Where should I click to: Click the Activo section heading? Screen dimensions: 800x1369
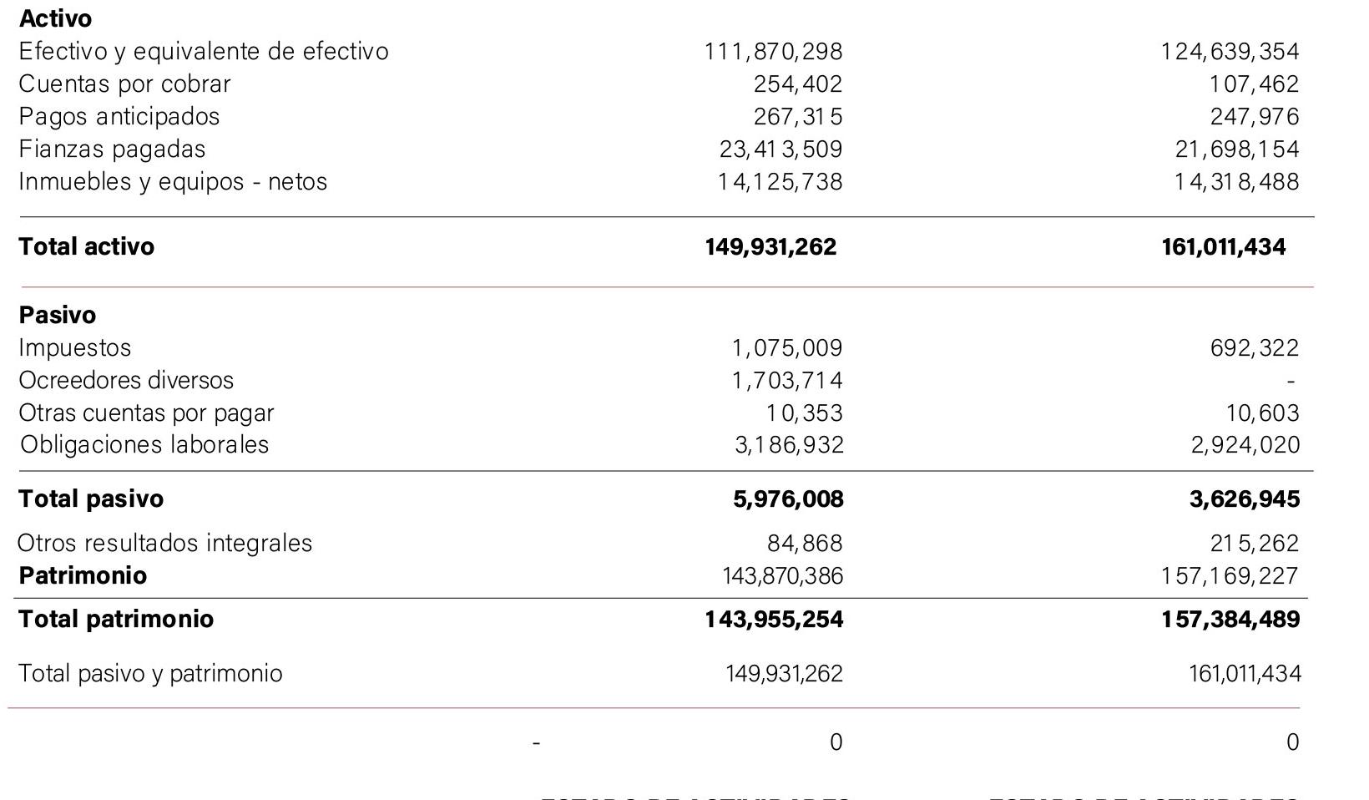[55, 18]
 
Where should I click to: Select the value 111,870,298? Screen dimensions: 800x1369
[773, 52]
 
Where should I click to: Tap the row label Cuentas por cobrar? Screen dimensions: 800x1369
[124, 84]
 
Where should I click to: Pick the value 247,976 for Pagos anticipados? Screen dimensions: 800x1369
[1255, 117]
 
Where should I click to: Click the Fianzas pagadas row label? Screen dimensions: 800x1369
[112, 149]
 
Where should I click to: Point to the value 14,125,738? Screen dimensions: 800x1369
[780, 182]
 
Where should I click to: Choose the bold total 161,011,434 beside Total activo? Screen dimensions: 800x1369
[1223, 247]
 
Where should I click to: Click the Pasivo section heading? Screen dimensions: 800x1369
[57, 316]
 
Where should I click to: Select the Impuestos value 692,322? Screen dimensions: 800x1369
[1255, 348]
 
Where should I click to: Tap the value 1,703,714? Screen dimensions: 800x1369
[787, 381]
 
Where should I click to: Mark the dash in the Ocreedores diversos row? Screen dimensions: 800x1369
[1291, 382]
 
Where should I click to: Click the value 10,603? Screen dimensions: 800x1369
[1262, 413]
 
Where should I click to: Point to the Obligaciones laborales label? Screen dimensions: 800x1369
[144, 444]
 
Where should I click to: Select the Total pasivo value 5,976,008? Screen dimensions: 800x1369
[788, 499]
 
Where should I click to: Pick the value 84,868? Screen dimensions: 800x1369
[805, 544]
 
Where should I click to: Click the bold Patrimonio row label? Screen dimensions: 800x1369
[83, 576]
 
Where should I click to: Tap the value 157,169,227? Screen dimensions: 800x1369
[1230, 576]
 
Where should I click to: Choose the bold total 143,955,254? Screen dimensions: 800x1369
[774, 620]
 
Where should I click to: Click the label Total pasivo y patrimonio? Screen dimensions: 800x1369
[150, 674]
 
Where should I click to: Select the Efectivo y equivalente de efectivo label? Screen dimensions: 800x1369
[204, 52]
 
